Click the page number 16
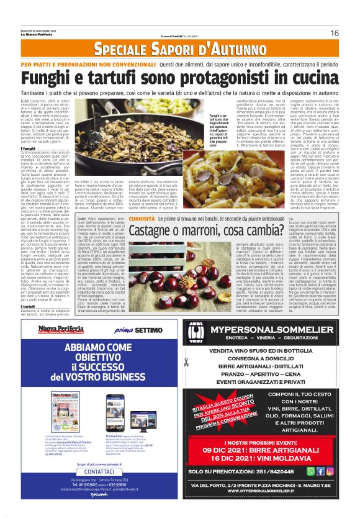coord(335,33)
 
